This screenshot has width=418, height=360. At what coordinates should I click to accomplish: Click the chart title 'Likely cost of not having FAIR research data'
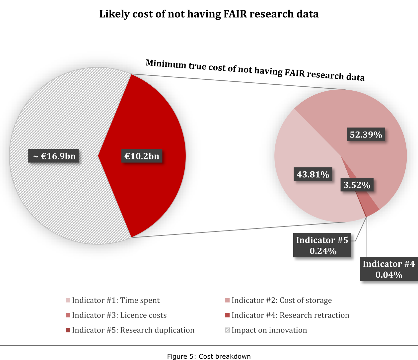point(209,14)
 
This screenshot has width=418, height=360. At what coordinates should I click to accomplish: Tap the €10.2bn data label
point(142,156)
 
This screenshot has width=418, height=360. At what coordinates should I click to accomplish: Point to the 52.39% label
point(366,135)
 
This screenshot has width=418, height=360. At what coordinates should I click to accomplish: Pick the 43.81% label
point(313,174)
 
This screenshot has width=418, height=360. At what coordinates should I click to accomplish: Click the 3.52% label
point(357,185)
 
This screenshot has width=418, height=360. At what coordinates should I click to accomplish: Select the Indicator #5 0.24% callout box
point(322,245)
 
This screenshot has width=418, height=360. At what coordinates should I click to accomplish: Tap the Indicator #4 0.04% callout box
point(388,269)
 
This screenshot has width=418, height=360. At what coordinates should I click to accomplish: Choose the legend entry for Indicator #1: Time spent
point(113,300)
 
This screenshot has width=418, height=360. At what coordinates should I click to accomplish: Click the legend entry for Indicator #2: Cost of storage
point(278,300)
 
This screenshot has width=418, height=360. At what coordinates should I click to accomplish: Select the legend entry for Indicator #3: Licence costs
point(116,315)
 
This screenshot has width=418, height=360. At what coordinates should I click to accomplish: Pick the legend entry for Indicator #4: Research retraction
point(287,315)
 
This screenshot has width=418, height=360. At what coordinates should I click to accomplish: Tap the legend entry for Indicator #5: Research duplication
point(130,330)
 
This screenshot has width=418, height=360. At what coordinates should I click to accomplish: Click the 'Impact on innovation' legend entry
point(266,330)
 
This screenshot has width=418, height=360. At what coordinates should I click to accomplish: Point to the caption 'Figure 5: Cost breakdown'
point(209,356)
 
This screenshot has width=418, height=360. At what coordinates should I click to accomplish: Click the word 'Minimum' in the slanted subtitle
point(166,63)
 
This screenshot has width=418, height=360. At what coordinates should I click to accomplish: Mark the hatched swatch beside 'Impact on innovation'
point(227,330)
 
